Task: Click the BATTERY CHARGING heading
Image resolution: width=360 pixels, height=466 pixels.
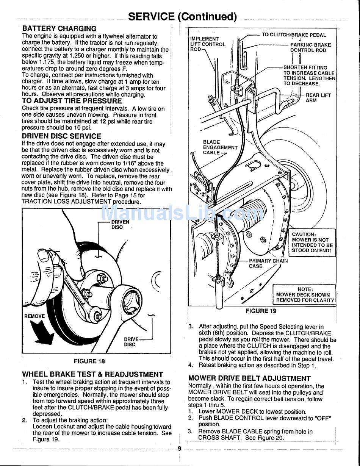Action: [59, 28]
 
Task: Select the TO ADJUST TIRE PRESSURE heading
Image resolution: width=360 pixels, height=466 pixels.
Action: [72, 101]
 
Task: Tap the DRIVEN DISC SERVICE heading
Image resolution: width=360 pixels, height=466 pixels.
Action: [61, 136]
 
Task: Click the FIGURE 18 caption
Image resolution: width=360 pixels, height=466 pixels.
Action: [89, 361]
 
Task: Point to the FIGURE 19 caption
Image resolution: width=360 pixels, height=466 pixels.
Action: [261, 311]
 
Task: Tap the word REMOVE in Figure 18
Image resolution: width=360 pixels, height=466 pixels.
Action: [34, 316]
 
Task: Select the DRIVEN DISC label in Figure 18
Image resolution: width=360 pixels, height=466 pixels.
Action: [120, 225]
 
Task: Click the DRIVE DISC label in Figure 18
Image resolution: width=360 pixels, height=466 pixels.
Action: [131, 342]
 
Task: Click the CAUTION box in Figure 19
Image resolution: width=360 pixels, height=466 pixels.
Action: [312, 242]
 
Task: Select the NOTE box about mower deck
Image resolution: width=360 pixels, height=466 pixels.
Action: [304, 294]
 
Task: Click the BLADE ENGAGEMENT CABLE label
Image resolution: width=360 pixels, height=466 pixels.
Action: [220, 147]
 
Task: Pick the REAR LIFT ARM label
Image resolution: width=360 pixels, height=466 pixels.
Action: [318, 98]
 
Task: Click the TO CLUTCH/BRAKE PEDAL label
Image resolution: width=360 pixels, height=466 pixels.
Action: [294, 35]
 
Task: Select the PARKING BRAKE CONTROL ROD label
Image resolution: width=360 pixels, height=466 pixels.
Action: [311, 48]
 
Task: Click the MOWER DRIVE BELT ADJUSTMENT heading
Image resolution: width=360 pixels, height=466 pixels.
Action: [249, 378]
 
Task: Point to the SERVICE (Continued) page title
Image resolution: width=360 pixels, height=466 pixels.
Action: [183, 17]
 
